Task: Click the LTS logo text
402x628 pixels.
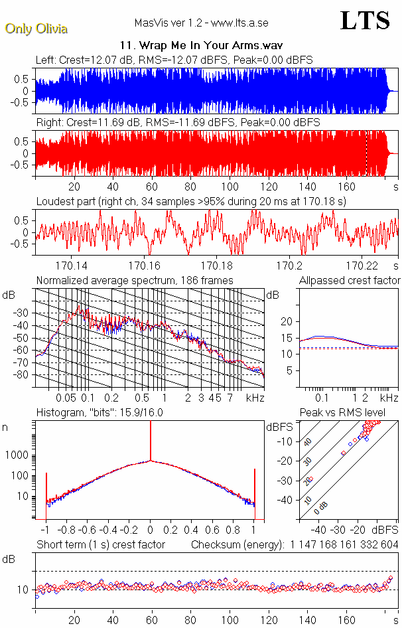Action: (364, 21)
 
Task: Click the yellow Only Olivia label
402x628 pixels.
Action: (31, 29)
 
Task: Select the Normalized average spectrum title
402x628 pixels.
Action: (135, 280)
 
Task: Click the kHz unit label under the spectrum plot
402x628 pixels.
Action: (255, 398)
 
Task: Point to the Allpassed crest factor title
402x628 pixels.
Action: (350, 280)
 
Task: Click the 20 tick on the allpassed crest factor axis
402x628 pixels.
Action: (287, 321)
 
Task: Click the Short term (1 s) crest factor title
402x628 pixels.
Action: (100, 544)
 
